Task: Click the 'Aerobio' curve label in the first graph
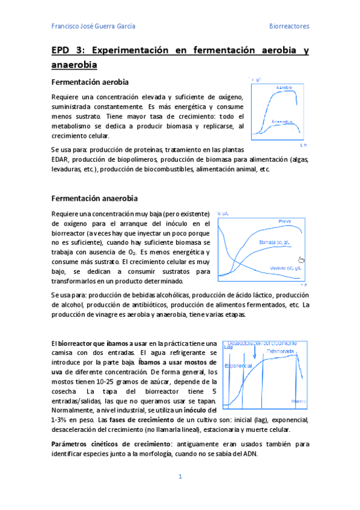(x=284, y=88)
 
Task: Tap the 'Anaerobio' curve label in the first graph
(x=281, y=121)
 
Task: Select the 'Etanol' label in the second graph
(x=284, y=222)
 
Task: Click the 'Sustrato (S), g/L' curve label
(x=285, y=268)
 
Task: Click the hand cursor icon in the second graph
(x=302, y=259)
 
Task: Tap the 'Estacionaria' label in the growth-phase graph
(x=280, y=351)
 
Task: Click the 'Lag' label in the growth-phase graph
(x=228, y=347)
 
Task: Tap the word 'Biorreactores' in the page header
(x=288, y=26)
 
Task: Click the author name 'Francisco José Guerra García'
(x=93, y=26)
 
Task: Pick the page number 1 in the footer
(x=180, y=477)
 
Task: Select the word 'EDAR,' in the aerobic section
(x=61, y=159)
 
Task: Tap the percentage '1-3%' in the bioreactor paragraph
(x=62, y=419)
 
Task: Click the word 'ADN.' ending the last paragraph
(x=249, y=454)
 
